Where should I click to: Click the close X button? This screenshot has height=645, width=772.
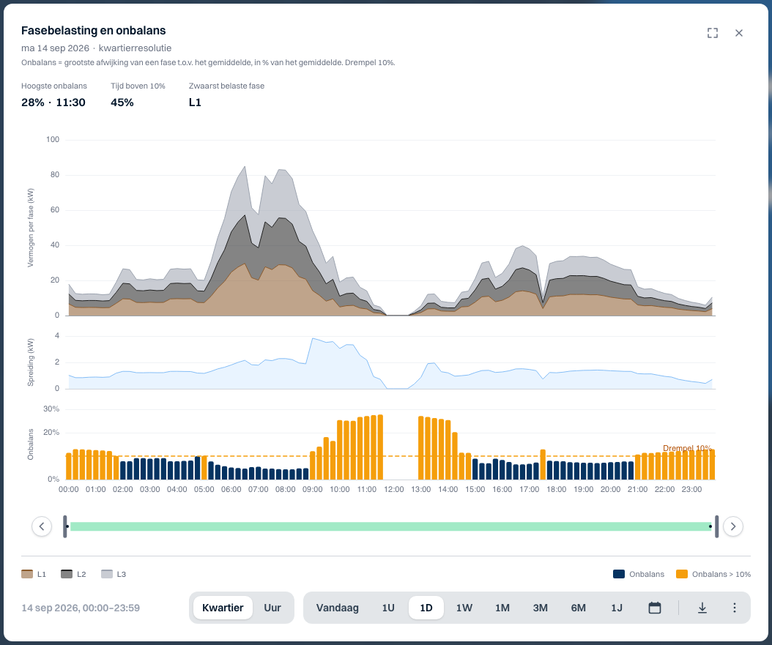coord(738,33)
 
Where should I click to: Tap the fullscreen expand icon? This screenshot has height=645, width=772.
coord(713,33)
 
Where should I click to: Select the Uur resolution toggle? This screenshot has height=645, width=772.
coord(272,608)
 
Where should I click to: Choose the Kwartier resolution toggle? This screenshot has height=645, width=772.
coord(223,608)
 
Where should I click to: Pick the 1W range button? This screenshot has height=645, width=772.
coord(464,608)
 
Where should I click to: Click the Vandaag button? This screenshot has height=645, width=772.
coord(337,608)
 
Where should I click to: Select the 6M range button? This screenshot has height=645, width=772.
coord(578,608)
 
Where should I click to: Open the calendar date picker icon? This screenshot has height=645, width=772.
coord(654,608)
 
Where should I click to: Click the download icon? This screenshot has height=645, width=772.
coord(702,608)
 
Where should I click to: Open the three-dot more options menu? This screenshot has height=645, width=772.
coord(734,608)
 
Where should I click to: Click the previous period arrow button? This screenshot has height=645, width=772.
coord(42,526)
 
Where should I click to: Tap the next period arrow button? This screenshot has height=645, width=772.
coord(733,526)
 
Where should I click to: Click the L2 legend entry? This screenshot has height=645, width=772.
coord(73,574)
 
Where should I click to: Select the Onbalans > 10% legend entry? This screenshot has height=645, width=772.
coord(713,574)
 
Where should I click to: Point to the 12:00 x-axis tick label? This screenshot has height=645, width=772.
coord(394,490)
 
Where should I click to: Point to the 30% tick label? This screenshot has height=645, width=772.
coord(51,409)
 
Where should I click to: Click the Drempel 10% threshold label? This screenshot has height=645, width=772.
coord(687,448)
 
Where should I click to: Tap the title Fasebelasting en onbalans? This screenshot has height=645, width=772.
coord(94,31)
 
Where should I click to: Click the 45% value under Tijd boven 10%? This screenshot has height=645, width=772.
coord(122,102)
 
